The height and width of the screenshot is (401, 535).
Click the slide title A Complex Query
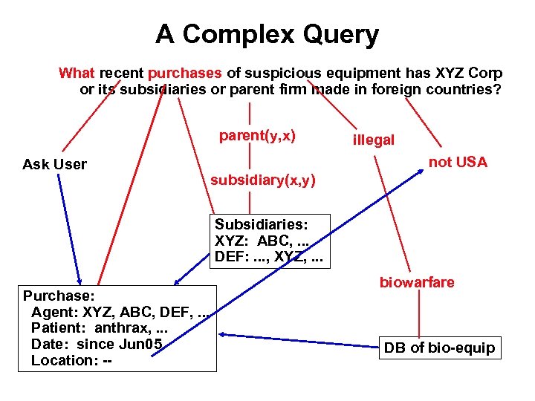pyautogui.click(x=267, y=34)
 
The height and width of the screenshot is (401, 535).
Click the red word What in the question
pyautogui.click(x=77, y=74)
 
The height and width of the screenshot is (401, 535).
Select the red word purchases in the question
pyautogui.click(x=185, y=74)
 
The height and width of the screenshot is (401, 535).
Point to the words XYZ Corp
pyautogui.click(x=467, y=74)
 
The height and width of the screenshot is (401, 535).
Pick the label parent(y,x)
pyautogui.click(x=257, y=136)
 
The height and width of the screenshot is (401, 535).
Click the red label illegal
pyautogui.click(x=374, y=140)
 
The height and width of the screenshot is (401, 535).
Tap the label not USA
pyautogui.click(x=458, y=163)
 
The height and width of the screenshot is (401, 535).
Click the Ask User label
pyautogui.click(x=54, y=164)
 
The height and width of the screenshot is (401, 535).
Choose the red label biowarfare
pyautogui.click(x=418, y=283)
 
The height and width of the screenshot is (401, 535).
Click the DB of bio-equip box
pyautogui.click(x=439, y=348)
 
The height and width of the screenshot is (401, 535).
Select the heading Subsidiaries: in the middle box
pyautogui.click(x=262, y=224)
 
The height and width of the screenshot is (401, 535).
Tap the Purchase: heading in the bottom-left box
pyautogui.click(x=58, y=295)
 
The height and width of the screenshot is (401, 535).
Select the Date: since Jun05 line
pyautogui.click(x=97, y=344)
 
